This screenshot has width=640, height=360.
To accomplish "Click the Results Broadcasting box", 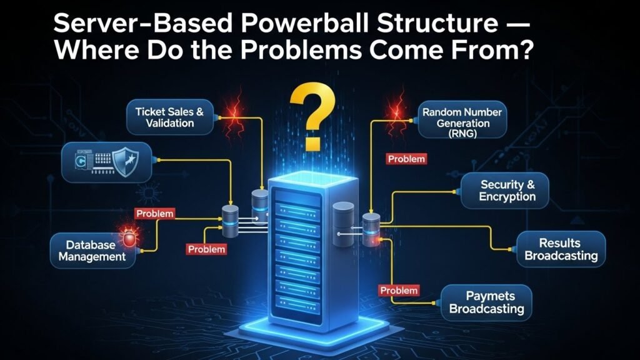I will pyautogui.click(x=561, y=249).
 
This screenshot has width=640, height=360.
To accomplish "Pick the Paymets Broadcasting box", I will pyautogui.click(x=486, y=302).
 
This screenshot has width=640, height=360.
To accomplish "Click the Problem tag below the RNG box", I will pyautogui.click(x=406, y=159).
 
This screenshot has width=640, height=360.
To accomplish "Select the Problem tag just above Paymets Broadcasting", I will pyautogui.click(x=398, y=290).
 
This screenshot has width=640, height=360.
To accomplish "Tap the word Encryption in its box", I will pyautogui.click(x=507, y=197).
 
